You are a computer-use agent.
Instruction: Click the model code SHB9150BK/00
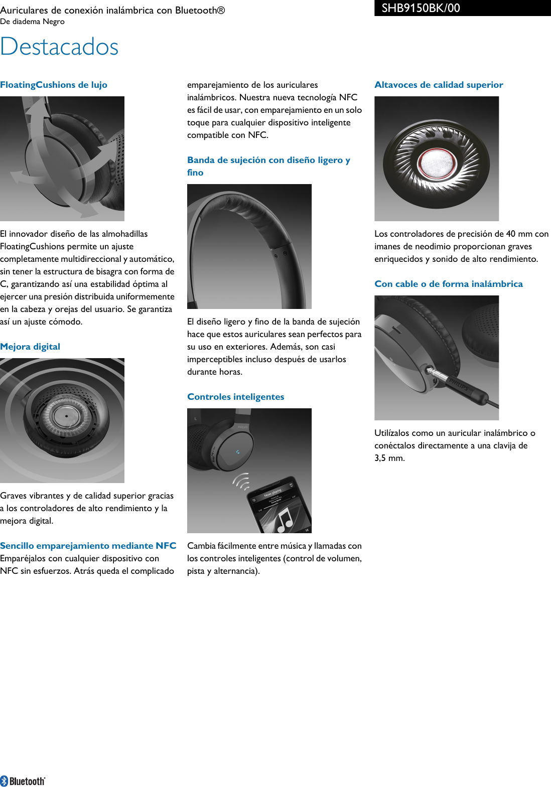pos(421,8)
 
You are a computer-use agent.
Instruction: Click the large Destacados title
pos(59,47)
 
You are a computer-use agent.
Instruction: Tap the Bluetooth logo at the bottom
pos(23,781)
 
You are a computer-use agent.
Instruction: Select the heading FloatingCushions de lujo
pos(54,85)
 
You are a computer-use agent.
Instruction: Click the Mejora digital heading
pos(30,347)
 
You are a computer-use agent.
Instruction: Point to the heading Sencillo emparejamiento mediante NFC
pos(88,546)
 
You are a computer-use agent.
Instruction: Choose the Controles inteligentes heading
pos(235,397)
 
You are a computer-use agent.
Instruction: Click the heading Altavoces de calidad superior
pos(439,85)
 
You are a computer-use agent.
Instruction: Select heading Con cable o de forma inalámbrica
pos(448,284)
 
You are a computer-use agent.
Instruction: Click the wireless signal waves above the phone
pos(242,482)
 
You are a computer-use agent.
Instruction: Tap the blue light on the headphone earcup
pos(238,452)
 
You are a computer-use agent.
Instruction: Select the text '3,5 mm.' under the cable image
pos(389,458)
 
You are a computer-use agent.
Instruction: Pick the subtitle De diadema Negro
pos(32,22)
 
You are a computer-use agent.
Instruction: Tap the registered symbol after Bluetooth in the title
pos(221,10)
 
